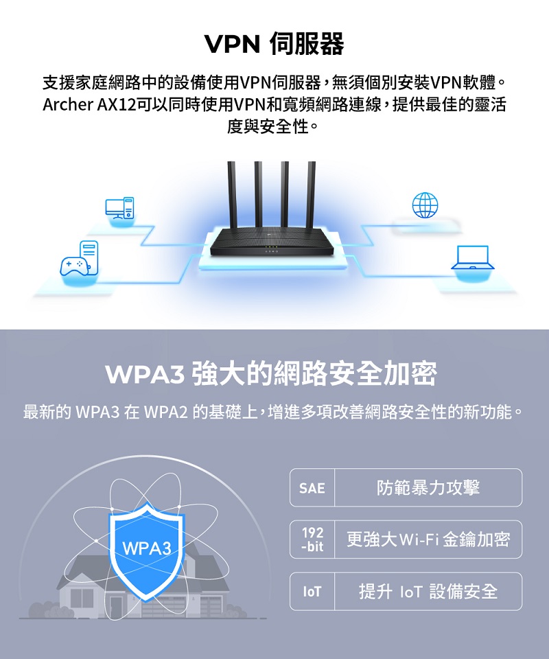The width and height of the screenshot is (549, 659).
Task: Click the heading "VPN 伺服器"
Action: pos(274,44)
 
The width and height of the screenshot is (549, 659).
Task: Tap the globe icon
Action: pos(425,205)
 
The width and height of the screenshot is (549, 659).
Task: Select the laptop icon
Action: pos(473,257)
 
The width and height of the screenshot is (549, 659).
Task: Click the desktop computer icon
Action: pos(119,207)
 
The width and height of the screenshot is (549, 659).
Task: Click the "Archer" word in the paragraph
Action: pos(68,104)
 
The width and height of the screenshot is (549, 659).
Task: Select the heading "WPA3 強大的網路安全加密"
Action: pos(271,373)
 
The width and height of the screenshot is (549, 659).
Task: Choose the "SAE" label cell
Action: pos(312,488)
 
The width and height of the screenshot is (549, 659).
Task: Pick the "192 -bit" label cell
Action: pos(312,540)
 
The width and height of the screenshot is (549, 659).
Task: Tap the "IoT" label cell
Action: pos(312,592)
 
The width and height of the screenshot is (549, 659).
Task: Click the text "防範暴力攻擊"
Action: pos(428,487)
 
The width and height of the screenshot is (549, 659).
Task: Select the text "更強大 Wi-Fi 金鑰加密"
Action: pos(428,540)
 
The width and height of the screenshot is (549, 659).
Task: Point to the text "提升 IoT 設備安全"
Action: pos(428,591)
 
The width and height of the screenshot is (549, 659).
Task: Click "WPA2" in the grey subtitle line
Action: pos(165,412)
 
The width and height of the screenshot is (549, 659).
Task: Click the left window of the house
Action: pos(82,598)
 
